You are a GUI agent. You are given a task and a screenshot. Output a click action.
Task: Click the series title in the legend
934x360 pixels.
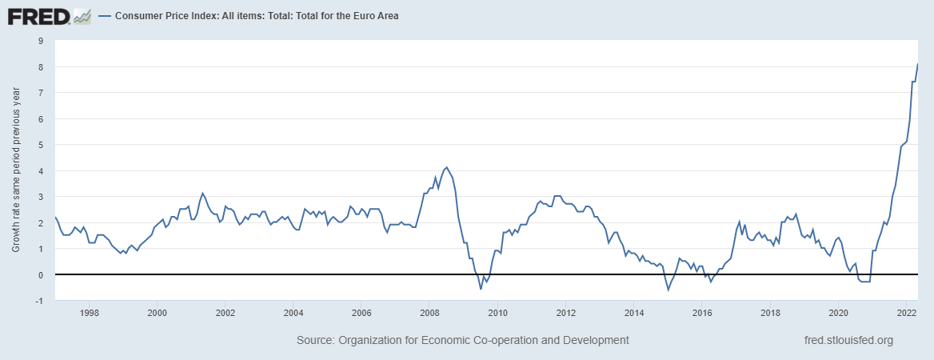pos(257,15)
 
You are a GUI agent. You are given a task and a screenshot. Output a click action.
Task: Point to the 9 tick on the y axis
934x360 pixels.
pos(41,41)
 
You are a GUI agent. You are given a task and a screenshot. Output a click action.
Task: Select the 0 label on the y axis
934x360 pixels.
pos(41,274)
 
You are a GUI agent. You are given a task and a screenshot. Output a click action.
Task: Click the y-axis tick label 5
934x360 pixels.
pos(41,145)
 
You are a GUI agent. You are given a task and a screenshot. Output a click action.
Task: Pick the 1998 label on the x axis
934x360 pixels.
pos(89,312)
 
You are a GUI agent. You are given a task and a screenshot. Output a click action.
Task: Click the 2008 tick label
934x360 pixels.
pos(429,312)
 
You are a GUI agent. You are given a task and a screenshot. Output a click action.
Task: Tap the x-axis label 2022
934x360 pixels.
pos(906,312)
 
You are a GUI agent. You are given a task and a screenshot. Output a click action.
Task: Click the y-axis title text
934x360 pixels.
pos(16,170)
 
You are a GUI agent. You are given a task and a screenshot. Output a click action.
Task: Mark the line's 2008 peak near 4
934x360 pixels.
pos(446,167)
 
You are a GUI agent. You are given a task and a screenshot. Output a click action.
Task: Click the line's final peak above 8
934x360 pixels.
pos(917,64)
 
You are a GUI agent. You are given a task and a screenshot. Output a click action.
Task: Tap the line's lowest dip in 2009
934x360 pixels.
pos(481,289)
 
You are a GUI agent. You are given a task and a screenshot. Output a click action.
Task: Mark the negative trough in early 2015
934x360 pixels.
pos(669,289)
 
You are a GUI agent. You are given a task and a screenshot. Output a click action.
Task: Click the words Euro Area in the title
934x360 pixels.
pos(371,15)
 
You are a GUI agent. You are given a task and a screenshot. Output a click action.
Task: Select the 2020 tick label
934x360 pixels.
pos(838,312)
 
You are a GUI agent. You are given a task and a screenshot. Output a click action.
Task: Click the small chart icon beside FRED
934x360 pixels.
pos(82,16)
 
